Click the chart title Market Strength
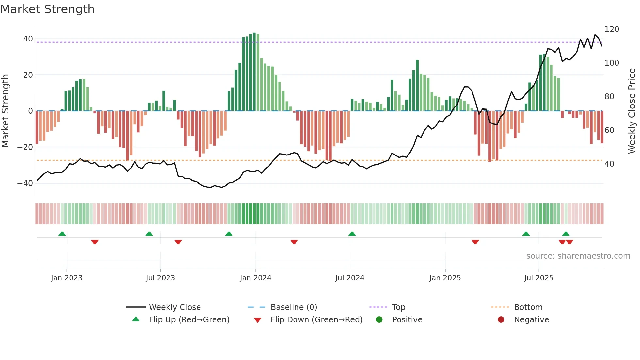coord(47,9)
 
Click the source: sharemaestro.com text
coord(578,256)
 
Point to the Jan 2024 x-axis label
coord(255,278)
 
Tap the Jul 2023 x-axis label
coord(160,278)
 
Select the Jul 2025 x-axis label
coord(538,278)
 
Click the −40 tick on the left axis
coord(25,183)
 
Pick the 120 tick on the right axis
coord(612,29)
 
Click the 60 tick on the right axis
coord(609,130)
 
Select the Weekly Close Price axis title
coord(632,111)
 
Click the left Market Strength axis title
coord(6,111)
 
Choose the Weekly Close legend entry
coord(175,307)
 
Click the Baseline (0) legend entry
coord(294,307)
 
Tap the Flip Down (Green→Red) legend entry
coord(316,320)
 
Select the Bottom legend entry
coord(528,307)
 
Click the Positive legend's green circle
coord(379,320)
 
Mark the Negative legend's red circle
coord(501,320)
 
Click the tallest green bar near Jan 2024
coord(254,72)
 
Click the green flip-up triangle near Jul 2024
coord(352,234)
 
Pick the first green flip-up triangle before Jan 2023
coord(62,234)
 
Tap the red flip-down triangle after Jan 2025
coord(475,242)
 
